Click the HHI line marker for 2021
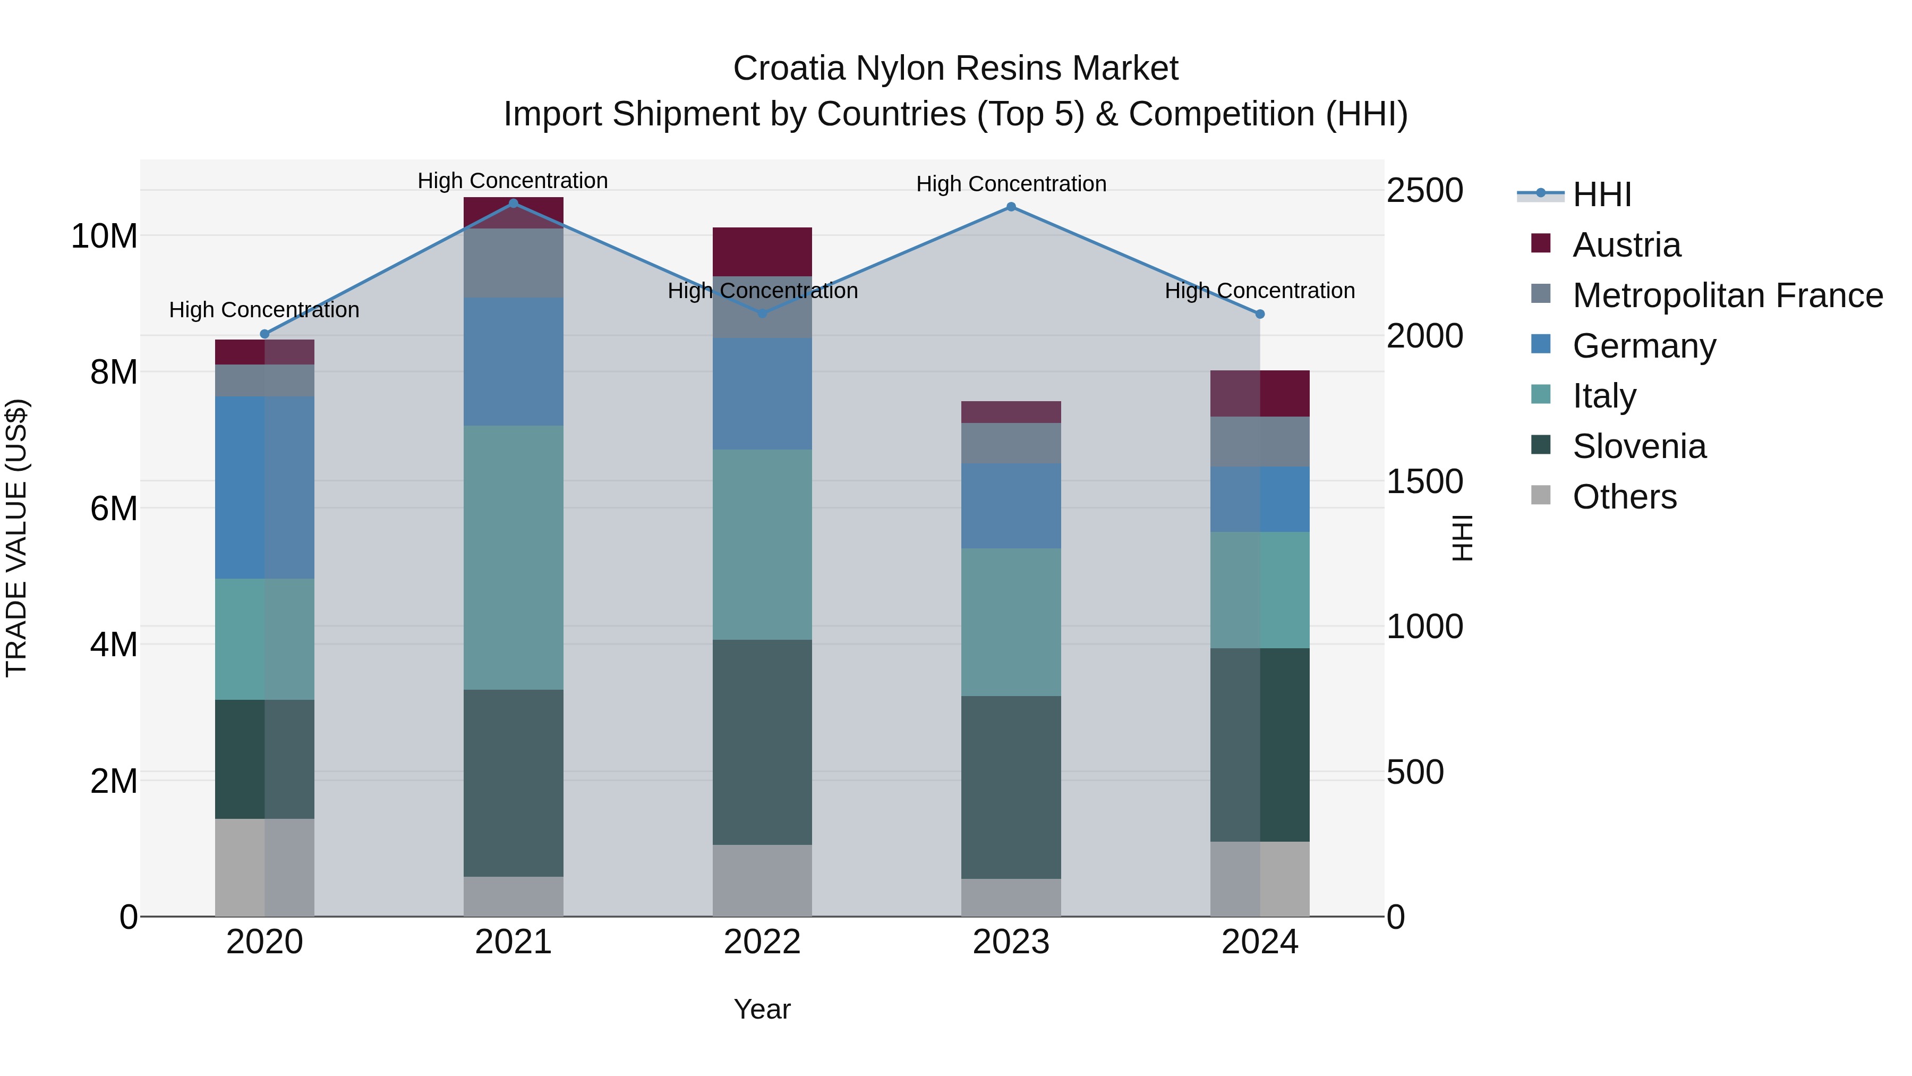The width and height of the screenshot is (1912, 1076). [x=513, y=204]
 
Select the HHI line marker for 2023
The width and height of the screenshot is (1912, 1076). [x=1011, y=207]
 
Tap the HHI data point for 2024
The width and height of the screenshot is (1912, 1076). [x=1260, y=314]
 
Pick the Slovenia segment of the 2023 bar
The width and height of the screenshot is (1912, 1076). [x=1011, y=787]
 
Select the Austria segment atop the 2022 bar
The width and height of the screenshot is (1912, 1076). [x=762, y=252]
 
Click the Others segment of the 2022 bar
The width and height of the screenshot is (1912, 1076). [x=762, y=880]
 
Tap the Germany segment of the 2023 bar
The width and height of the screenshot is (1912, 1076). [x=1011, y=506]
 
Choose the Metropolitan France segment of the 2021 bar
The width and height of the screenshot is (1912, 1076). [x=513, y=263]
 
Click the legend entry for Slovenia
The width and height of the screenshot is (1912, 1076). [x=1639, y=447]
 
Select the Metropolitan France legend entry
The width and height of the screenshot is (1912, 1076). [x=1727, y=295]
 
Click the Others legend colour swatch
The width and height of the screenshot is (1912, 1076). [x=1541, y=495]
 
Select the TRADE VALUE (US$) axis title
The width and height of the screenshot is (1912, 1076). [x=16, y=538]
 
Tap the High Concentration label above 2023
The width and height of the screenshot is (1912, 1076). [x=1011, y=184]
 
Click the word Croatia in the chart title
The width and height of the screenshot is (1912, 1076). [x=789, y=69]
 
